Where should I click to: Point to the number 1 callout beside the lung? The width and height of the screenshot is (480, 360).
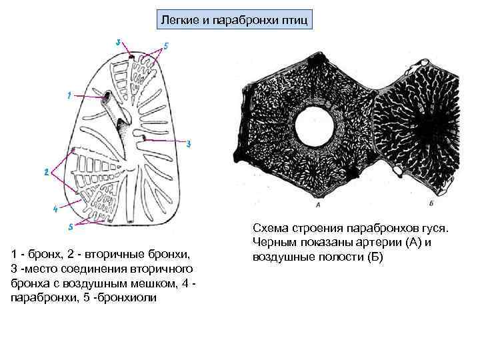click(x=69, y=95)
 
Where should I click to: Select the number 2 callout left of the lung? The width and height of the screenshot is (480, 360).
click(x=46, y=172)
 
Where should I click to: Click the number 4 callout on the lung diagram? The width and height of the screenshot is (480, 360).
click(x=55, y=209)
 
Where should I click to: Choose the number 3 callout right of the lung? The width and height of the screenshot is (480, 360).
click(x=189, y=144)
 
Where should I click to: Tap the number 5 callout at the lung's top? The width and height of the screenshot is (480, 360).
click(x=166, y=45)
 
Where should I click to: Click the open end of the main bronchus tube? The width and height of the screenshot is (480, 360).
click(x=106, y=99)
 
